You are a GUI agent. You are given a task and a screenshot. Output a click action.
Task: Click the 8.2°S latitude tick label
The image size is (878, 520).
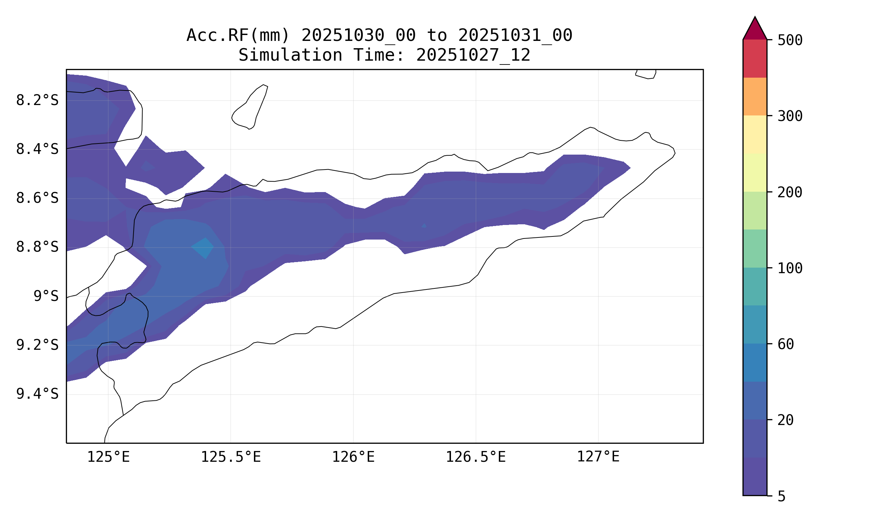click(37, 101)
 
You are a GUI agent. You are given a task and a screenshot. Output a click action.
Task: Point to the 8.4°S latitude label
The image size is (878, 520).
click(37, 150)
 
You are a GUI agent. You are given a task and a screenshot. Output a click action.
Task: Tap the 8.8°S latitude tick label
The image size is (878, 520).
click(37, 248)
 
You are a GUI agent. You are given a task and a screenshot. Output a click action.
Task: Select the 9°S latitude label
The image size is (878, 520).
click(46, 297)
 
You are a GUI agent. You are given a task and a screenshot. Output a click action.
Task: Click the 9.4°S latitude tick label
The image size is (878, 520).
click(37, 395)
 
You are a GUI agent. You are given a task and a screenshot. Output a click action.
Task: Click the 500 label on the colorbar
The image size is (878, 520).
click(790, 41)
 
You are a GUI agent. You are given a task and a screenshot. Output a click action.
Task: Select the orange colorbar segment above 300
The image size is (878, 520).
click(755, 97)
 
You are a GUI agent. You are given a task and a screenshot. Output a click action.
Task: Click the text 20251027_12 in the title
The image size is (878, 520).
click(473, 55)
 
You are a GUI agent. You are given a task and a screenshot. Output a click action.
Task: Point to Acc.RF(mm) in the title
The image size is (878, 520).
click(238, 36)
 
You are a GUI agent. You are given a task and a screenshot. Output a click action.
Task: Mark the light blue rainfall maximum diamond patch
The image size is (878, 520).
click(203, 248)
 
